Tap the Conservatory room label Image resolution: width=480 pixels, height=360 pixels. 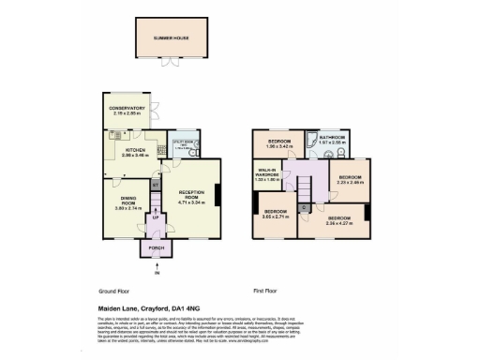pyautogui.click(x=128, y=110)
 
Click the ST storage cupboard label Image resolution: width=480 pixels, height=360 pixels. pyautogui.click(x=156, y=185)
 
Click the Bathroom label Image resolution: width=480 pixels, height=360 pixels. pyautogui.click(x=334, y=141)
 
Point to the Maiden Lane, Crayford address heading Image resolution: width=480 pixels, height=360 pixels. pyautogui.click(x=146, y=307)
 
